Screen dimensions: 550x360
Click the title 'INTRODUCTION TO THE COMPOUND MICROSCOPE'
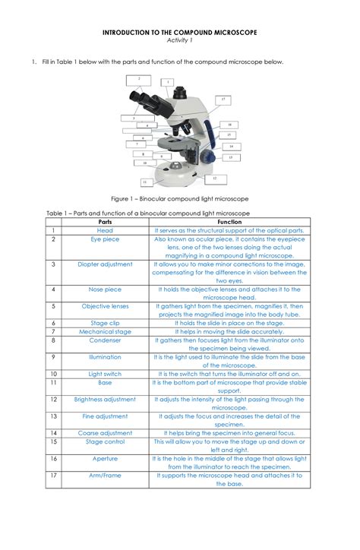[x=180, y=33]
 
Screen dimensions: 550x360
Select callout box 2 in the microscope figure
[x=138, y=78]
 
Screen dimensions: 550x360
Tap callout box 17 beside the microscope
[x=223, y=100]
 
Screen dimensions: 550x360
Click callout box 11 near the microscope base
[x=144, y=182]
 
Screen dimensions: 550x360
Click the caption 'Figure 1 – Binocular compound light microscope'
[x=180, y=198]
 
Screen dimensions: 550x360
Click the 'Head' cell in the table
[x=105, y=230]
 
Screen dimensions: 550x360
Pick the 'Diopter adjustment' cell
[x=105, y=264]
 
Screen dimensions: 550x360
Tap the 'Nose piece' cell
[x=105, y=289]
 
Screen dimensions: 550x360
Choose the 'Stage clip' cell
[x=105, y=323]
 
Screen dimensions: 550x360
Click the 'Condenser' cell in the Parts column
[x=105, y=340]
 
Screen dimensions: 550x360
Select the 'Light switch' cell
[x=105, y=374]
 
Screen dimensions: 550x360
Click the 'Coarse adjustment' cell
[x=105, y=432]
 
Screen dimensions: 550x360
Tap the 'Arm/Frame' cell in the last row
[x=105, y=475]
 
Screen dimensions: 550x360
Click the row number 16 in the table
[x=54, y=458]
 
